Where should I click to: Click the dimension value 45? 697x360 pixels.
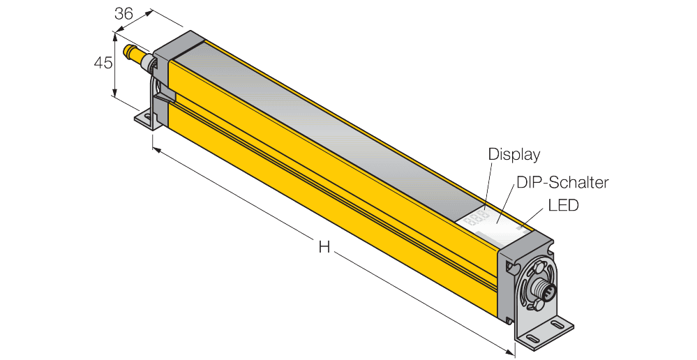coord(103,62)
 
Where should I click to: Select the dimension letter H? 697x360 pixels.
coord(324,246)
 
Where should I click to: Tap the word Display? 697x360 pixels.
coord(514,153)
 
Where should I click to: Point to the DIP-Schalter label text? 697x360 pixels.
coord(562,183)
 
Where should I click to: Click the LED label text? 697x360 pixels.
coord(564,206)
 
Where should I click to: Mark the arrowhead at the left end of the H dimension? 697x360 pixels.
coord(156,149)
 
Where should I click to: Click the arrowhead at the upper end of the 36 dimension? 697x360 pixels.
coord(150,12)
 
